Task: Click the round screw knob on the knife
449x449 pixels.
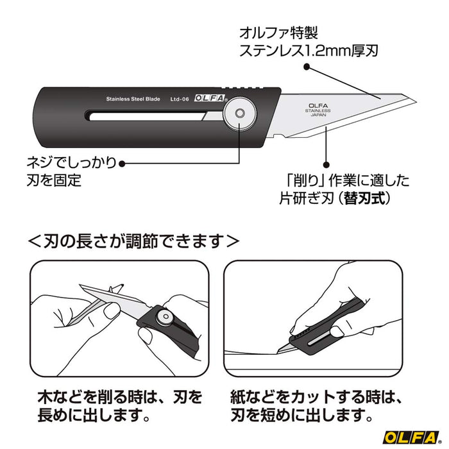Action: [239, 114]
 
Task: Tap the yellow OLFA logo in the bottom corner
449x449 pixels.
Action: [409, 438]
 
